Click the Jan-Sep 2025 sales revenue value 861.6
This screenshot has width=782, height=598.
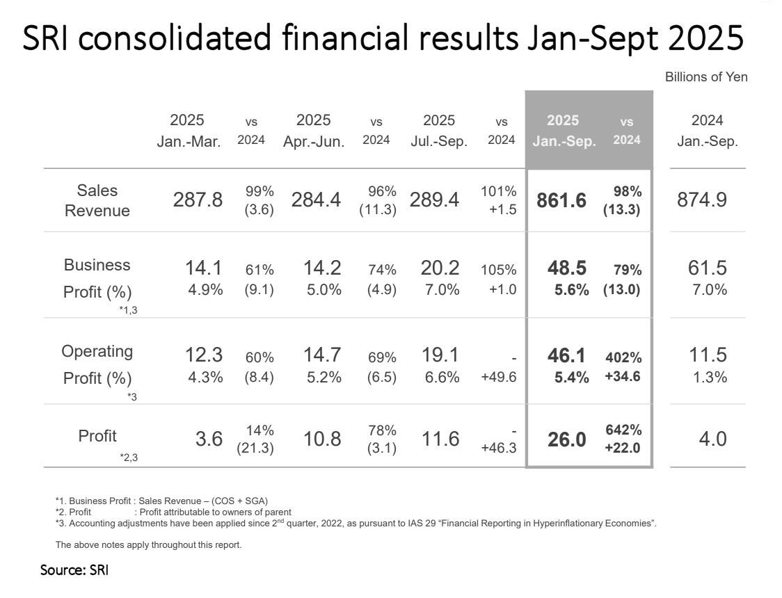click(x=561, y=200)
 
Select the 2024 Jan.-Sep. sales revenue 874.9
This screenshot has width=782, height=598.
click(x=701, y=200)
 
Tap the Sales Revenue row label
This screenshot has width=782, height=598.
click(x=97, y=200)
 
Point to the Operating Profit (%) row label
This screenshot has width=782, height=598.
click(x=97, y=364)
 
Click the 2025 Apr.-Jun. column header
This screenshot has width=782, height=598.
click(x=314, y=130)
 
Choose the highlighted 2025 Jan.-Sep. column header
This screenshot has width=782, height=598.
click(x=564, y=130)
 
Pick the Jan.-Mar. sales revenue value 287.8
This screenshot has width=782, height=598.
click(x=198, y=200)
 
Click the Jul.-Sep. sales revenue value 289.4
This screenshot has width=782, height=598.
click(x=435, y=200)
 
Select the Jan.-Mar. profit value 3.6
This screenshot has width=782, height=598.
click(x=209, y=439)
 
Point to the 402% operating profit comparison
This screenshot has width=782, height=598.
click(x=623, y=357)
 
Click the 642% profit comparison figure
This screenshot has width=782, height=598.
click(x=623, y=430)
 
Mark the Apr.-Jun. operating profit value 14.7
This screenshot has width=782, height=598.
click(x=321, y=355)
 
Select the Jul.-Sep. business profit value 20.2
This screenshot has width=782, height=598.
click(x=440, y=268)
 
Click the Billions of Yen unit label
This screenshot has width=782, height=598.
click(x=706, y=77)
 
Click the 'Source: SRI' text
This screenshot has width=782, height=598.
click(x=74, y=570)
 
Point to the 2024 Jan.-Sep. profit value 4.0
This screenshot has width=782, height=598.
click(x=712, y=439)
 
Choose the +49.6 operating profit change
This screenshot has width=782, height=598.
click(x=499, y=378)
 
